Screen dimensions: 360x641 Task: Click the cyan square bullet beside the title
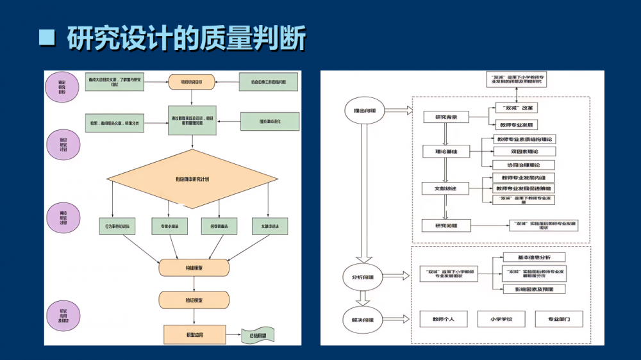[47, 37]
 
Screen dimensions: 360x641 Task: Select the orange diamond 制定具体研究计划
[192, 179]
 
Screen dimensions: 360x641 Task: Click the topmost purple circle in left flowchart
[62, 87]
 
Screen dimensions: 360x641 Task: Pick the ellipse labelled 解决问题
[363, 318]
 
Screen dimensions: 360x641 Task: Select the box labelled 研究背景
[446, 117]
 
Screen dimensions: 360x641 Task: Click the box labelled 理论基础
[446, 152]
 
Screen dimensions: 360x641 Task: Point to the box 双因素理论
[524, 152]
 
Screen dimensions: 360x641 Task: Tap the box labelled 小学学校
[500, 318]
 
